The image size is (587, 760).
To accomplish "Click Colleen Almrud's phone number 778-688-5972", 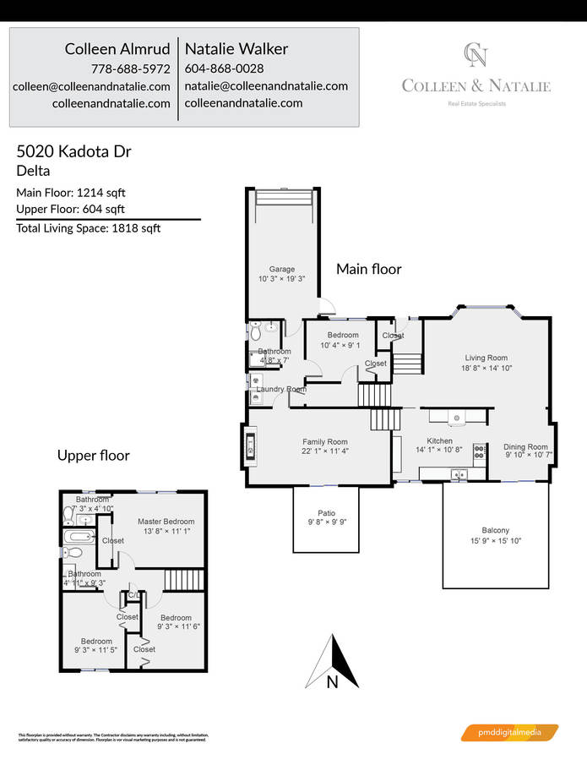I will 130,68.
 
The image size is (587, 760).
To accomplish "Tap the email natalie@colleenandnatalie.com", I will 265,85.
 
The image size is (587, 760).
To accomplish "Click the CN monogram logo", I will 476,55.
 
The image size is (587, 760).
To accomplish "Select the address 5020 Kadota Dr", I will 73,152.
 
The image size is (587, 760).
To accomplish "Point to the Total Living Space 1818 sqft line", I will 88,227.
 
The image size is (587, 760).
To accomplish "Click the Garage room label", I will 282,269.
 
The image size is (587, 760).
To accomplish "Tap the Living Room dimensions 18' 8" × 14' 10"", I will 486,369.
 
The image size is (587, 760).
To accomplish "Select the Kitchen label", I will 439,440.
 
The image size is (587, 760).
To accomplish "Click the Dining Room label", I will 525,446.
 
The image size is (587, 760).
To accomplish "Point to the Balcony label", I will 495,530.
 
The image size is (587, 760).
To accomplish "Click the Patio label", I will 326,512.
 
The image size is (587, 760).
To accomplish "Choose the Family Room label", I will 325,441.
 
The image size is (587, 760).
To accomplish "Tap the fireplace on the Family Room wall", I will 250,446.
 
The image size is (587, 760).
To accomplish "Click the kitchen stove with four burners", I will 479,451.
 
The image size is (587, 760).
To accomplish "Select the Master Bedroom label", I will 166,522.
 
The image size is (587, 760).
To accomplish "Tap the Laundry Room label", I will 281,389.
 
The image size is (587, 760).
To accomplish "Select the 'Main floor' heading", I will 369,269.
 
